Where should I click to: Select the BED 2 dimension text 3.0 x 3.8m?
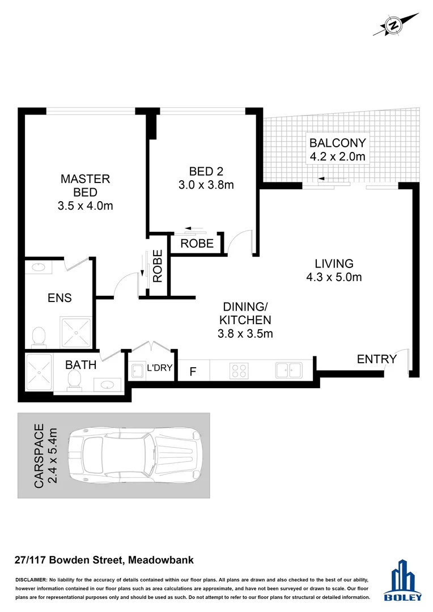pos(206,185)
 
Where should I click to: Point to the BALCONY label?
pos(337,143)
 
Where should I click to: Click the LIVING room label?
pos(334,263)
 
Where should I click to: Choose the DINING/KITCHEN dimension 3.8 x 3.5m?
pos(245,334)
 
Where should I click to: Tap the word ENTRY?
pos(376,359)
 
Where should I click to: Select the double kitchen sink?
pos(288,371)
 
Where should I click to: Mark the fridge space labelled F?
pos(193,372)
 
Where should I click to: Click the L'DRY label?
pos(159,368)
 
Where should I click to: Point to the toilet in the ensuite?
pos(39,336)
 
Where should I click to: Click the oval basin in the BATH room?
pos(108,385)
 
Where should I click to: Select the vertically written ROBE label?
pos(158,266)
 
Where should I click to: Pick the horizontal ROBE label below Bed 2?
pos(197,244)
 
